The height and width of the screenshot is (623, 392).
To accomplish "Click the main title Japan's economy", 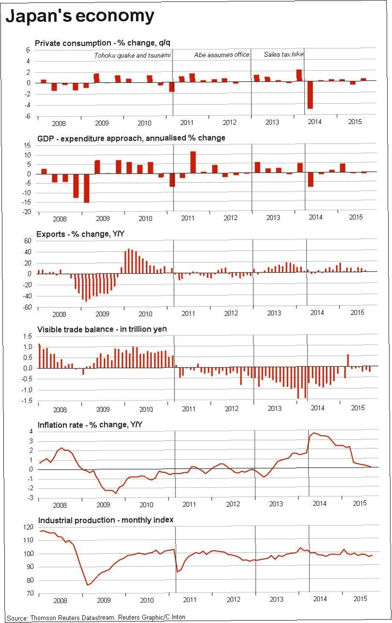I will click(80, 16).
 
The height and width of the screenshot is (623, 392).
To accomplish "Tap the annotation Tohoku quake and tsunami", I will click(132, 55).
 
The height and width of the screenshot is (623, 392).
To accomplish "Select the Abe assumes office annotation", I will click(221, 55).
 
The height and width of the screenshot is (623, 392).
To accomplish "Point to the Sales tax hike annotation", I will click(283, 54).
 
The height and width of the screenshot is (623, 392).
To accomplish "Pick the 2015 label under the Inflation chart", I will click(359, 504).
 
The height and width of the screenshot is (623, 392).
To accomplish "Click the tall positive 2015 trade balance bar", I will click(348, 360).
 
